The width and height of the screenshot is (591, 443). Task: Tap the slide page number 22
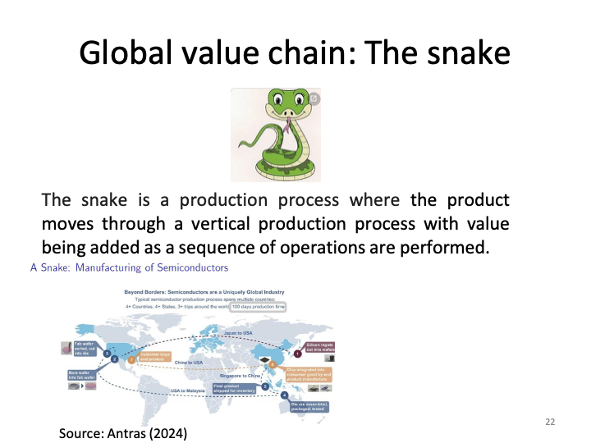[x=550, y=421]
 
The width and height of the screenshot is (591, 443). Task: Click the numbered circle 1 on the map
[x=297, y=354]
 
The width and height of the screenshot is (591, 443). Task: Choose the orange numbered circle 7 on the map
[x=131, y=359]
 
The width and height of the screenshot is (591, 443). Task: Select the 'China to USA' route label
[x=189, y=363]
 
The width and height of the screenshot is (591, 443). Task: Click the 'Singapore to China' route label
[x=239, y=374]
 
